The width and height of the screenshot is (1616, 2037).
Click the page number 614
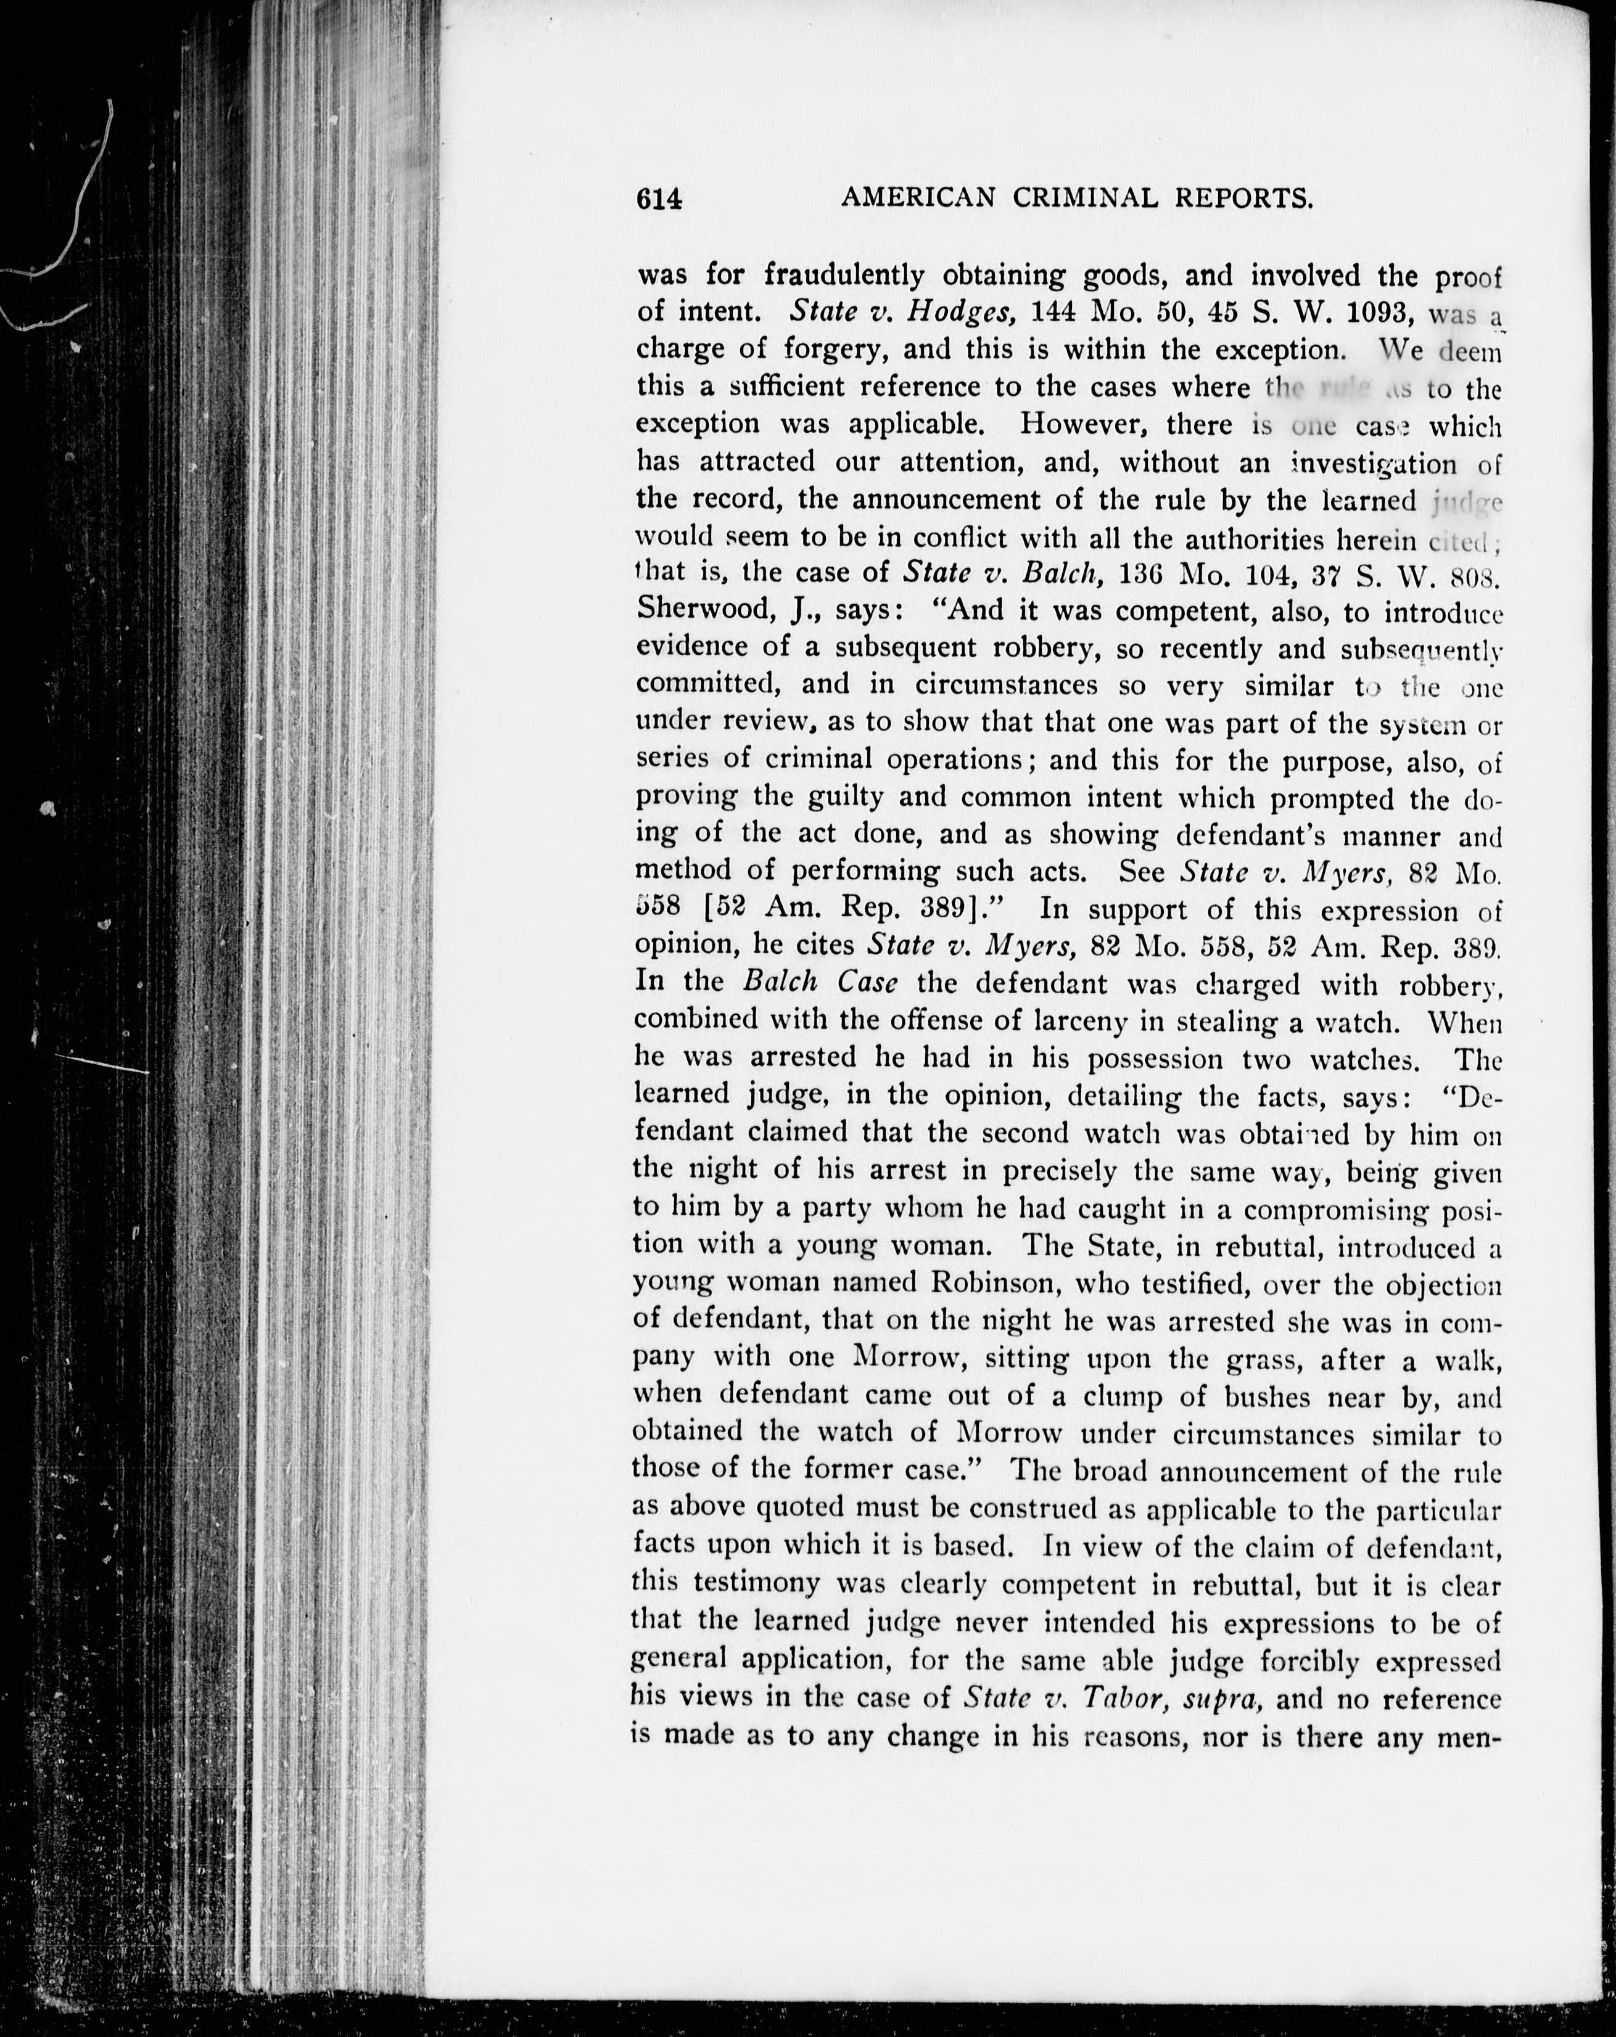pos(659,199)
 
